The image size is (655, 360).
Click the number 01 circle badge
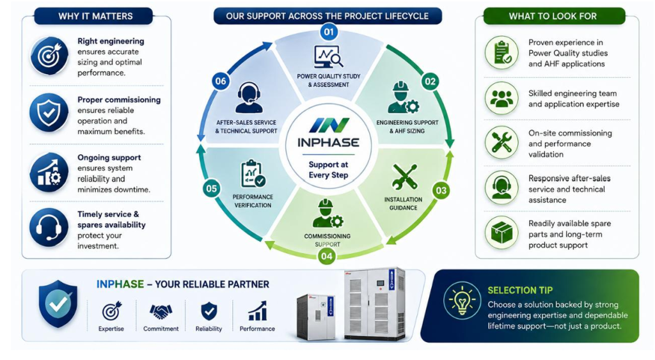329,32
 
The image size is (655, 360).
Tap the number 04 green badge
327,256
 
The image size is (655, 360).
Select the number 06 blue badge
221,81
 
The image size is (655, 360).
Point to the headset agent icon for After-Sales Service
249,98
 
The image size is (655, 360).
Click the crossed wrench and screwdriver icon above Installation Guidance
404,178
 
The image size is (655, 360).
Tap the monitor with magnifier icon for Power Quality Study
329,57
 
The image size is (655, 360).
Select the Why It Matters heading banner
95,16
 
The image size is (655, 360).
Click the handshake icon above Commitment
161,311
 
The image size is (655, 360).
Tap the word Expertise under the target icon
111,329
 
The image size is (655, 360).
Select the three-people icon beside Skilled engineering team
501,98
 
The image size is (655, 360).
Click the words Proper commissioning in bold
119,100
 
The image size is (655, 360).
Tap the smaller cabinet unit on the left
316,317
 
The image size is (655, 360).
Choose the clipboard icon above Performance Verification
253,173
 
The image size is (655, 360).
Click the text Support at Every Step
328,169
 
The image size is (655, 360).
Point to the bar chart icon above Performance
257,311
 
